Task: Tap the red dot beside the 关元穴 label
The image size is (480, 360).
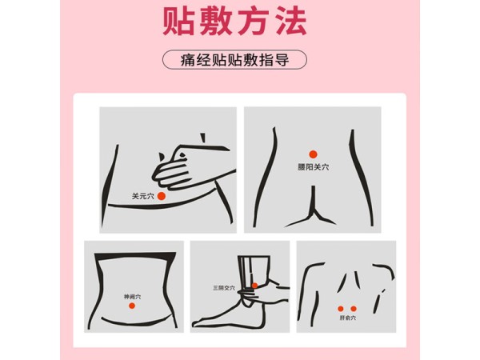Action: pyautogui.click(x=161, y=195)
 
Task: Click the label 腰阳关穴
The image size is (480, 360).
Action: pyautogui.click(x=313, y=167)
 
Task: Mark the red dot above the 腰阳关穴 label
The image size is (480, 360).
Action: pyautogui.click(x=313, y=154)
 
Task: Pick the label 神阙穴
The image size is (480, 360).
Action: pyautogui.click(x=132, y=296)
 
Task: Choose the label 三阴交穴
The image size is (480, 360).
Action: pyautogui.click(x=224, y=287)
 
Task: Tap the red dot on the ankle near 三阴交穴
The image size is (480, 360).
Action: pyautogui.click(x=254, y=286)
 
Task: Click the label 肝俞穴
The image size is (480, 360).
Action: pyautogui.click(x=347, y=318)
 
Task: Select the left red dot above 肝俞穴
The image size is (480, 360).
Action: pyautogui.click(x=341, y=308)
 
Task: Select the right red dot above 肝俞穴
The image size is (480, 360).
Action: pyautogui.click(x=354, y=308)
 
